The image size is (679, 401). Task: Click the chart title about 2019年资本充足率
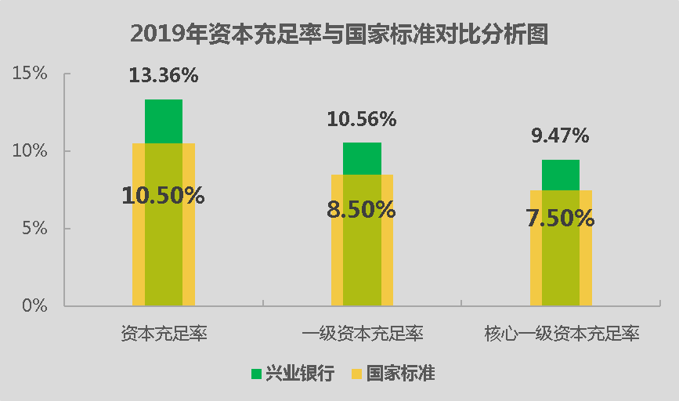(339, 34)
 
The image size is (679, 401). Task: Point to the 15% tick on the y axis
(30, 73)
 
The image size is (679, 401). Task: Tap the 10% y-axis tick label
(30, 150)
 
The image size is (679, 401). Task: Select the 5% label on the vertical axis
(34, 228)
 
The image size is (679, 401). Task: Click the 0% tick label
(34, 305)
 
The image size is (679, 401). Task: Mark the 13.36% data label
(164, 75)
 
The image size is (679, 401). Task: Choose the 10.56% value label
(362, 119)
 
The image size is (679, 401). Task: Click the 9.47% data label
(560, 135)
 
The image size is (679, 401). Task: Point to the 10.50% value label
(163, 195)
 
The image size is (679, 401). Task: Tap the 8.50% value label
(361, 210)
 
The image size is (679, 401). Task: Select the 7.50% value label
(560, 218)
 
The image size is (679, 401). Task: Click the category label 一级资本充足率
(362, 334)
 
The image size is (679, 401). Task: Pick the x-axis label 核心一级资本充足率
(562, 334)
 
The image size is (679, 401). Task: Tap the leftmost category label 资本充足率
(164, 334)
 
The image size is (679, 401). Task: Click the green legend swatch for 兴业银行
(256, 374)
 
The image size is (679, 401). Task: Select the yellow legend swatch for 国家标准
(356, 374)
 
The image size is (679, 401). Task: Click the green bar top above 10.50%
(164, 121)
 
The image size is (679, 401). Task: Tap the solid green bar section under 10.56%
(362, 158)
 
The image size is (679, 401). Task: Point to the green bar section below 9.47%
(560, 175)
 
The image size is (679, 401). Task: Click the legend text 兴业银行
(300, 374)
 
